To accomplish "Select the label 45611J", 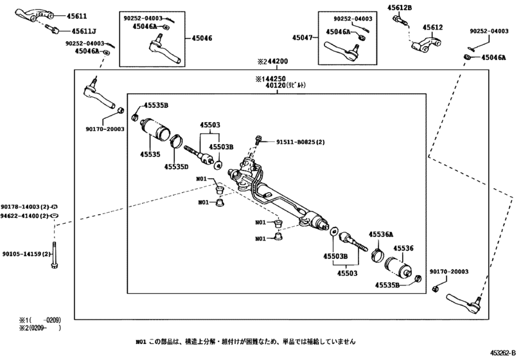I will point(84,30).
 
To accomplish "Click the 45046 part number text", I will point(201,39).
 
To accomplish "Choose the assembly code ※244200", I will point(272,62).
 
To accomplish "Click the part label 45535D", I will point(175,166).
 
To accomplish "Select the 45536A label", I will point(380,235).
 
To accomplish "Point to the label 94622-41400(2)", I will point(24,217).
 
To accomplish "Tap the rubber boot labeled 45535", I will point(157,131).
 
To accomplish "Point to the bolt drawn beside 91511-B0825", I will point(259,141).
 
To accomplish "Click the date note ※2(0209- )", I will point(39,328).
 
